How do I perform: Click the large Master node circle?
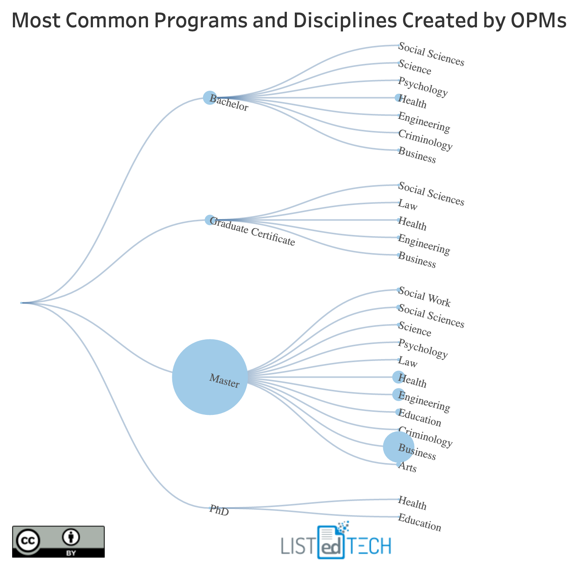coord(209,377)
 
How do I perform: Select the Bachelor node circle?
coord(209,98)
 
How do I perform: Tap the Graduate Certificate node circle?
coord(209,220)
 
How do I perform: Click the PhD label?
coord(219,511)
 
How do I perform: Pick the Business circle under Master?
coord(398,447)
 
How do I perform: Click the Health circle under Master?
coord(398,377)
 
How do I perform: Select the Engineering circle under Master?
coord(398,395)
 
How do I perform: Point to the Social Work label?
coord(425,298)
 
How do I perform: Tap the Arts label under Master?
coord(408,467)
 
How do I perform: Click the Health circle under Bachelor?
coord(398,98)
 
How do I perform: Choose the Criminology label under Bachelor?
coord(425,140)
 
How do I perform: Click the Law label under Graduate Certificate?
coord(408,205)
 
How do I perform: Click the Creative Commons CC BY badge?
coord(58,541)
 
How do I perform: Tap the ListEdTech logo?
coord(336,543)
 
